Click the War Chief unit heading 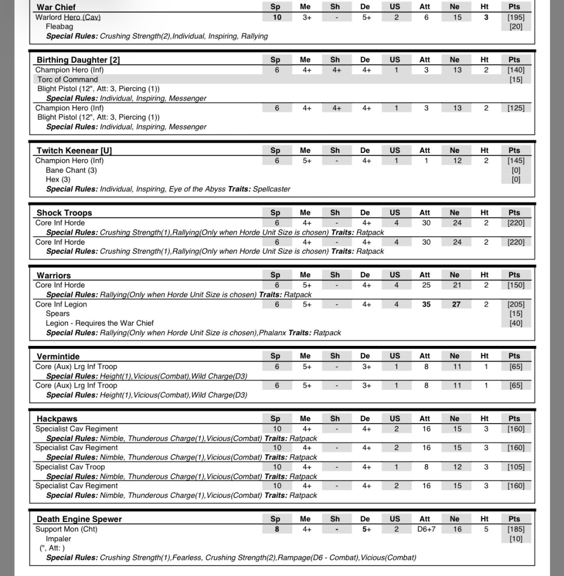pos(56,7)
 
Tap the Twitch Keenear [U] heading pos(70,151)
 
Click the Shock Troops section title pos(64,213)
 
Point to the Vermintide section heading pos(58,356)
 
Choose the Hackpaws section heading pos(57,419)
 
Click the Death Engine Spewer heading pos(79,519)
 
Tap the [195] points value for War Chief pos(516,17)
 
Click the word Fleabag pos(59,26)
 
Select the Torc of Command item pos(67,79)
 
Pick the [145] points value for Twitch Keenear pos(516,161)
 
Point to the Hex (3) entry pos(58,179)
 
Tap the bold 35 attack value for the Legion pos(426,304)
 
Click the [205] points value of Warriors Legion pos(516,304)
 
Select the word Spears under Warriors pos(58,314)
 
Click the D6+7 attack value pos(425,529)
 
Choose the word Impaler pos(58,539)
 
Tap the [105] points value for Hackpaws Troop pos(516,467)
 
